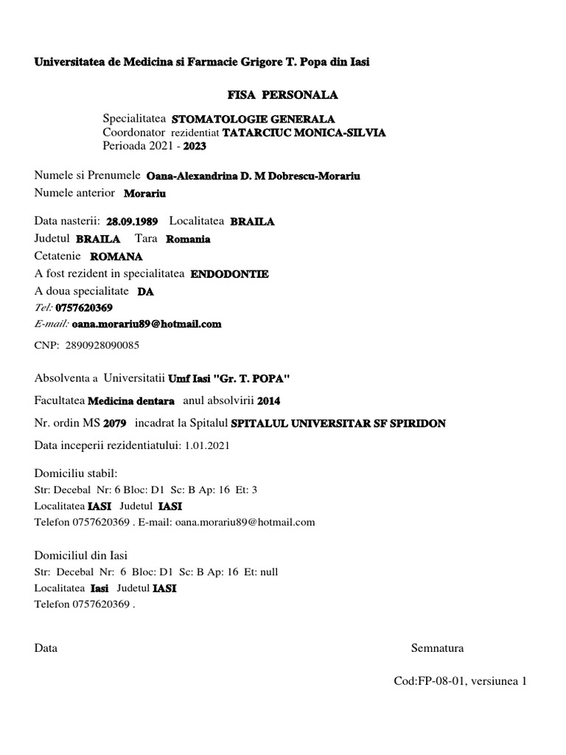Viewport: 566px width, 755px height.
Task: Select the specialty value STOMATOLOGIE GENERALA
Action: (x=253, y=119)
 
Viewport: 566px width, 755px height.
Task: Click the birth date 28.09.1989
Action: (x=132, y=221)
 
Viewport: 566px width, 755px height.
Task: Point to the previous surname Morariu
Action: (x=145, y=194)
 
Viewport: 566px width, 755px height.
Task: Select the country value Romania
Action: (x=188, y=239)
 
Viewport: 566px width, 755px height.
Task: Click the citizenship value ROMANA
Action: (x=116, y=257)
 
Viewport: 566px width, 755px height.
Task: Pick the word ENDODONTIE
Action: (x=230, y=274)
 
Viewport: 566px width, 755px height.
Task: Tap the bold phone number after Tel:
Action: (x=84, y=307)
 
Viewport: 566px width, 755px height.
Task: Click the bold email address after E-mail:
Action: (x=147, y=324)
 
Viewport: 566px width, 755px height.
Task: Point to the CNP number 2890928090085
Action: (x=102, y=344)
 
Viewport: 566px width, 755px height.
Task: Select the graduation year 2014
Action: (x=269, y=401)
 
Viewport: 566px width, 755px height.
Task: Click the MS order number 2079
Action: (x=115, y=424)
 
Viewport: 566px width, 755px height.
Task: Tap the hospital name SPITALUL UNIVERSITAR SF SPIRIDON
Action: (x=338, y=424)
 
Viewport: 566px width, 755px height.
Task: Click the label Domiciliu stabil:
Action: (x=76, y=473)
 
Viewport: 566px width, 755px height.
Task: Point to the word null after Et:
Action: (x=269, y=571)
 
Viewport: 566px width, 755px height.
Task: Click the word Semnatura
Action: (x=437, y=649)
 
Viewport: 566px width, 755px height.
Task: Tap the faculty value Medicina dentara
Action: (x=131, y=401)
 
